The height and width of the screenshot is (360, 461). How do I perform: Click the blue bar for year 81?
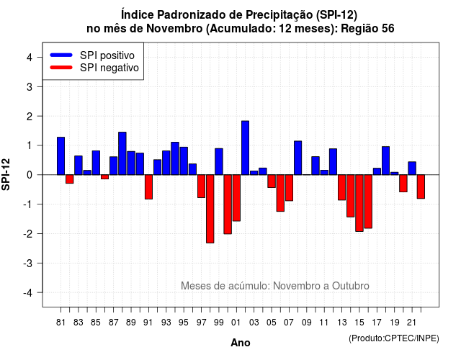pos(61,156)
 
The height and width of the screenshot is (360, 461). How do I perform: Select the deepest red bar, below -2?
pos(210,209)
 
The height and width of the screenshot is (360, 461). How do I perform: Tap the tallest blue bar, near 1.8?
pos(245,148)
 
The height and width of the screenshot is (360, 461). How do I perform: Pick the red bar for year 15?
pos(359,203)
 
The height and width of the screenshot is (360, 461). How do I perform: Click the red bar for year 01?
pos(236,198)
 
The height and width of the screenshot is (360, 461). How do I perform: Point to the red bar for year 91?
pos(149,187)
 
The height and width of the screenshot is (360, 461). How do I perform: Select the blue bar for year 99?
pos(219,161)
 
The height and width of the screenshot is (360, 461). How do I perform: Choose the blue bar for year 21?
pos(412,168)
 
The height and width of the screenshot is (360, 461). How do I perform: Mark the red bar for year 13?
pos(341,187)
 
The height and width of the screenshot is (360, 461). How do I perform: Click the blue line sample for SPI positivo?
pos(61,55)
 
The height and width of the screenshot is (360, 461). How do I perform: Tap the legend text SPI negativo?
pos(109,68)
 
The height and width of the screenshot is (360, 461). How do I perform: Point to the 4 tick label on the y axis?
pos(30,58)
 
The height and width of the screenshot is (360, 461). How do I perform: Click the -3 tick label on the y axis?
pos(28,263)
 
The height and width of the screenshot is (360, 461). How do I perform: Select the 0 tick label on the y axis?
pos(30,175)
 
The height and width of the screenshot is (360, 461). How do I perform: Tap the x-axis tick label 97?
pos(202,323)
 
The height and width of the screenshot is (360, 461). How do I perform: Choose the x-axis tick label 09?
pos(306,323)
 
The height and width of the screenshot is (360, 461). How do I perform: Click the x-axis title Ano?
pos(241,343)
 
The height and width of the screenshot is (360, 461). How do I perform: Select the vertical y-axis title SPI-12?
pos(6,174)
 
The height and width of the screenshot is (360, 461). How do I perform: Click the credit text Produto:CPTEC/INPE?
pos(394,338)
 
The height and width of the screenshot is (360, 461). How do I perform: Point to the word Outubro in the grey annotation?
pos(351,286)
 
